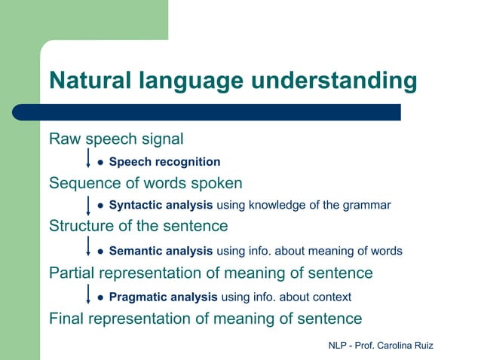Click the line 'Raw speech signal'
(x=116, y=139)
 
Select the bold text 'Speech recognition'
(x=164, y=162)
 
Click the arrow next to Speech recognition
(x=89, y=160)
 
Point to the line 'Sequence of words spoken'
(x=146, y=183)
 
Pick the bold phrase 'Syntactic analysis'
(x=161, y=205)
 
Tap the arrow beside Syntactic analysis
(x=89, y=204)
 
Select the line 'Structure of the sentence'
(x=138, y=226)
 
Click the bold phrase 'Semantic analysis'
(x=161, y=251)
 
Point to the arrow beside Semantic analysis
(x=89, y=247)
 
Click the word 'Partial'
(x=72, y=273)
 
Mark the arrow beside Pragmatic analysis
(x=89, y=294)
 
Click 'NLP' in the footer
(x=339, y=345)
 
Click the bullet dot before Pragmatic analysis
(x=100, y=297)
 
